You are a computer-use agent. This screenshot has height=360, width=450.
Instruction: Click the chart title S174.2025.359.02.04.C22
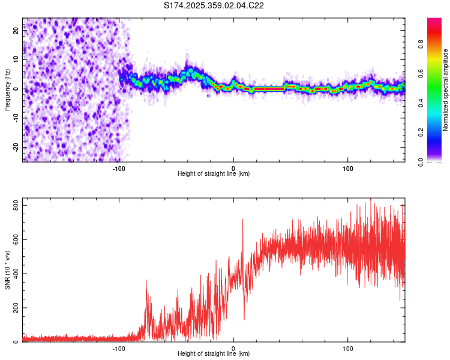[x=214, y=5]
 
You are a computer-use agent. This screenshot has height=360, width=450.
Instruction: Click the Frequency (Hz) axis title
[x=7, y=89]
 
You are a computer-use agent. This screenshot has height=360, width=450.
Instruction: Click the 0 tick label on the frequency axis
[x=17, y=89]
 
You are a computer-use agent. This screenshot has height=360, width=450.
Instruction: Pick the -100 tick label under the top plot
[x=118, y=167]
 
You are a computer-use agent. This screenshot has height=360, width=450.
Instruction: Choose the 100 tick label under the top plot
[x=347, y=167]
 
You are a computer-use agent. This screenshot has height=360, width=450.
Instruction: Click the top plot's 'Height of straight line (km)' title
[x=214, y=174]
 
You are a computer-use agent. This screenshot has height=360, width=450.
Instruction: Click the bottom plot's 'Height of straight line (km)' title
[x=214, y=354]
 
